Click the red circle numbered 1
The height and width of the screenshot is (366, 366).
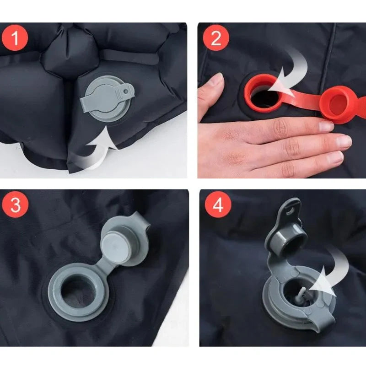(15, 38)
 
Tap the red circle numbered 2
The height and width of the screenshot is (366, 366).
(216, 38)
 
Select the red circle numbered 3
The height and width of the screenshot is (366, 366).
(15, 205)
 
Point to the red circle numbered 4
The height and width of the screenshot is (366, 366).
(218, 205)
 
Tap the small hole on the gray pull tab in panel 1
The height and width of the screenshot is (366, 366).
(126, 91)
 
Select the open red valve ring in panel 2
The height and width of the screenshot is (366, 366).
(264, 93)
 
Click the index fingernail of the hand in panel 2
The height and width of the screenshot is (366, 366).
(326, 126)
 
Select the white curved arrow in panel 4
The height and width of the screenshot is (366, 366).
(331, 273)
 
